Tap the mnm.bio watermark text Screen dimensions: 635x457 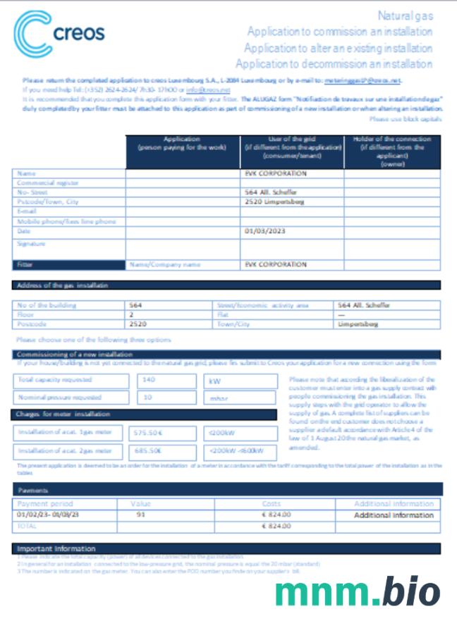pyautogui.click(x=358, y=591)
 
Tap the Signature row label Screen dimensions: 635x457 pyautogui.click(x=31, y=244)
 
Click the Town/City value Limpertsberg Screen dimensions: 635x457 pyautogui.click(x=358, y=324)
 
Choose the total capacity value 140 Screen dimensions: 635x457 pyautogui.click(x=149, y=380)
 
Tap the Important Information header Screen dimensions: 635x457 pyautogui.click(x=56, y=548)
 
